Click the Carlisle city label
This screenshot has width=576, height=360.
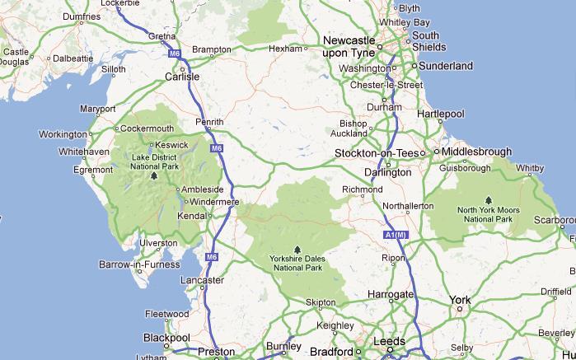pos(183,77)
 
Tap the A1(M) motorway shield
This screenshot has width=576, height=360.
pos(396,236)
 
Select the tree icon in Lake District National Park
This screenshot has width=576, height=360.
pos(153,175)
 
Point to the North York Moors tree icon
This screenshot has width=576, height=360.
pos(489,199)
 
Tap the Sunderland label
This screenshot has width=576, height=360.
pos(445,66)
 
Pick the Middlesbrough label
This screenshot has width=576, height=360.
pos(476,152)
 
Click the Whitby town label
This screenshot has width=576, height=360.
pos(530,168)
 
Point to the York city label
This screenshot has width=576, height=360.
pos(460,300)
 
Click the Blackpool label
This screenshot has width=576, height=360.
pos(166,338)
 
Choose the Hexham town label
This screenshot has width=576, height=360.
pos(286,49)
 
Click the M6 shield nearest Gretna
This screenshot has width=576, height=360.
pos(175,54)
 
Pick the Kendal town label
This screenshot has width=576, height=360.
pos(192,216)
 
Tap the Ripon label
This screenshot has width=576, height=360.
pos(393,259)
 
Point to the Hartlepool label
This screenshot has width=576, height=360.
pos(442,114)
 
